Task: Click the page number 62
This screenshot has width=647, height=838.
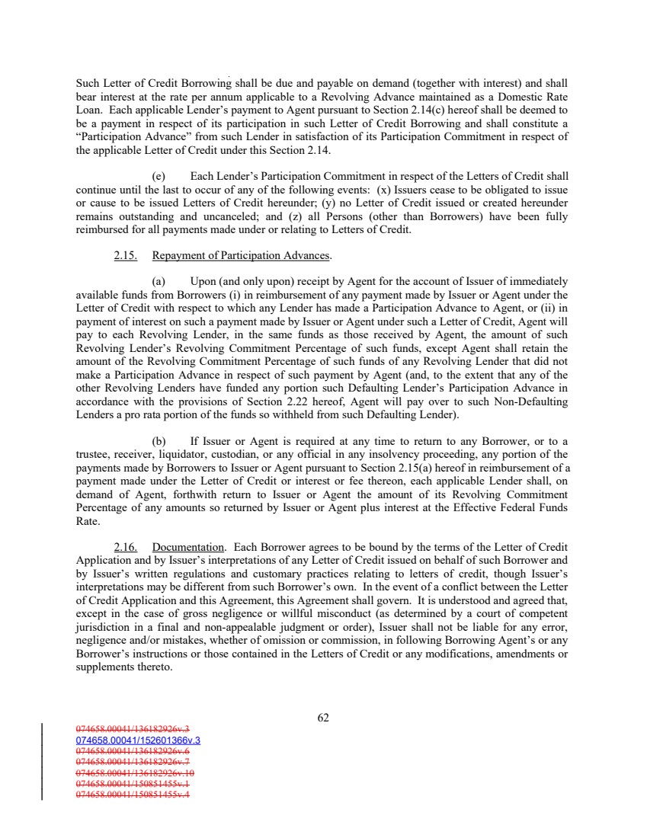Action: (x=323, y=717)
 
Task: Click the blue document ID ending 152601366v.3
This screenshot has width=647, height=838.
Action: (x=138, y=739)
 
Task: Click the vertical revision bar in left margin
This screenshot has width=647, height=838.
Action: (x=41, y=762)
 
